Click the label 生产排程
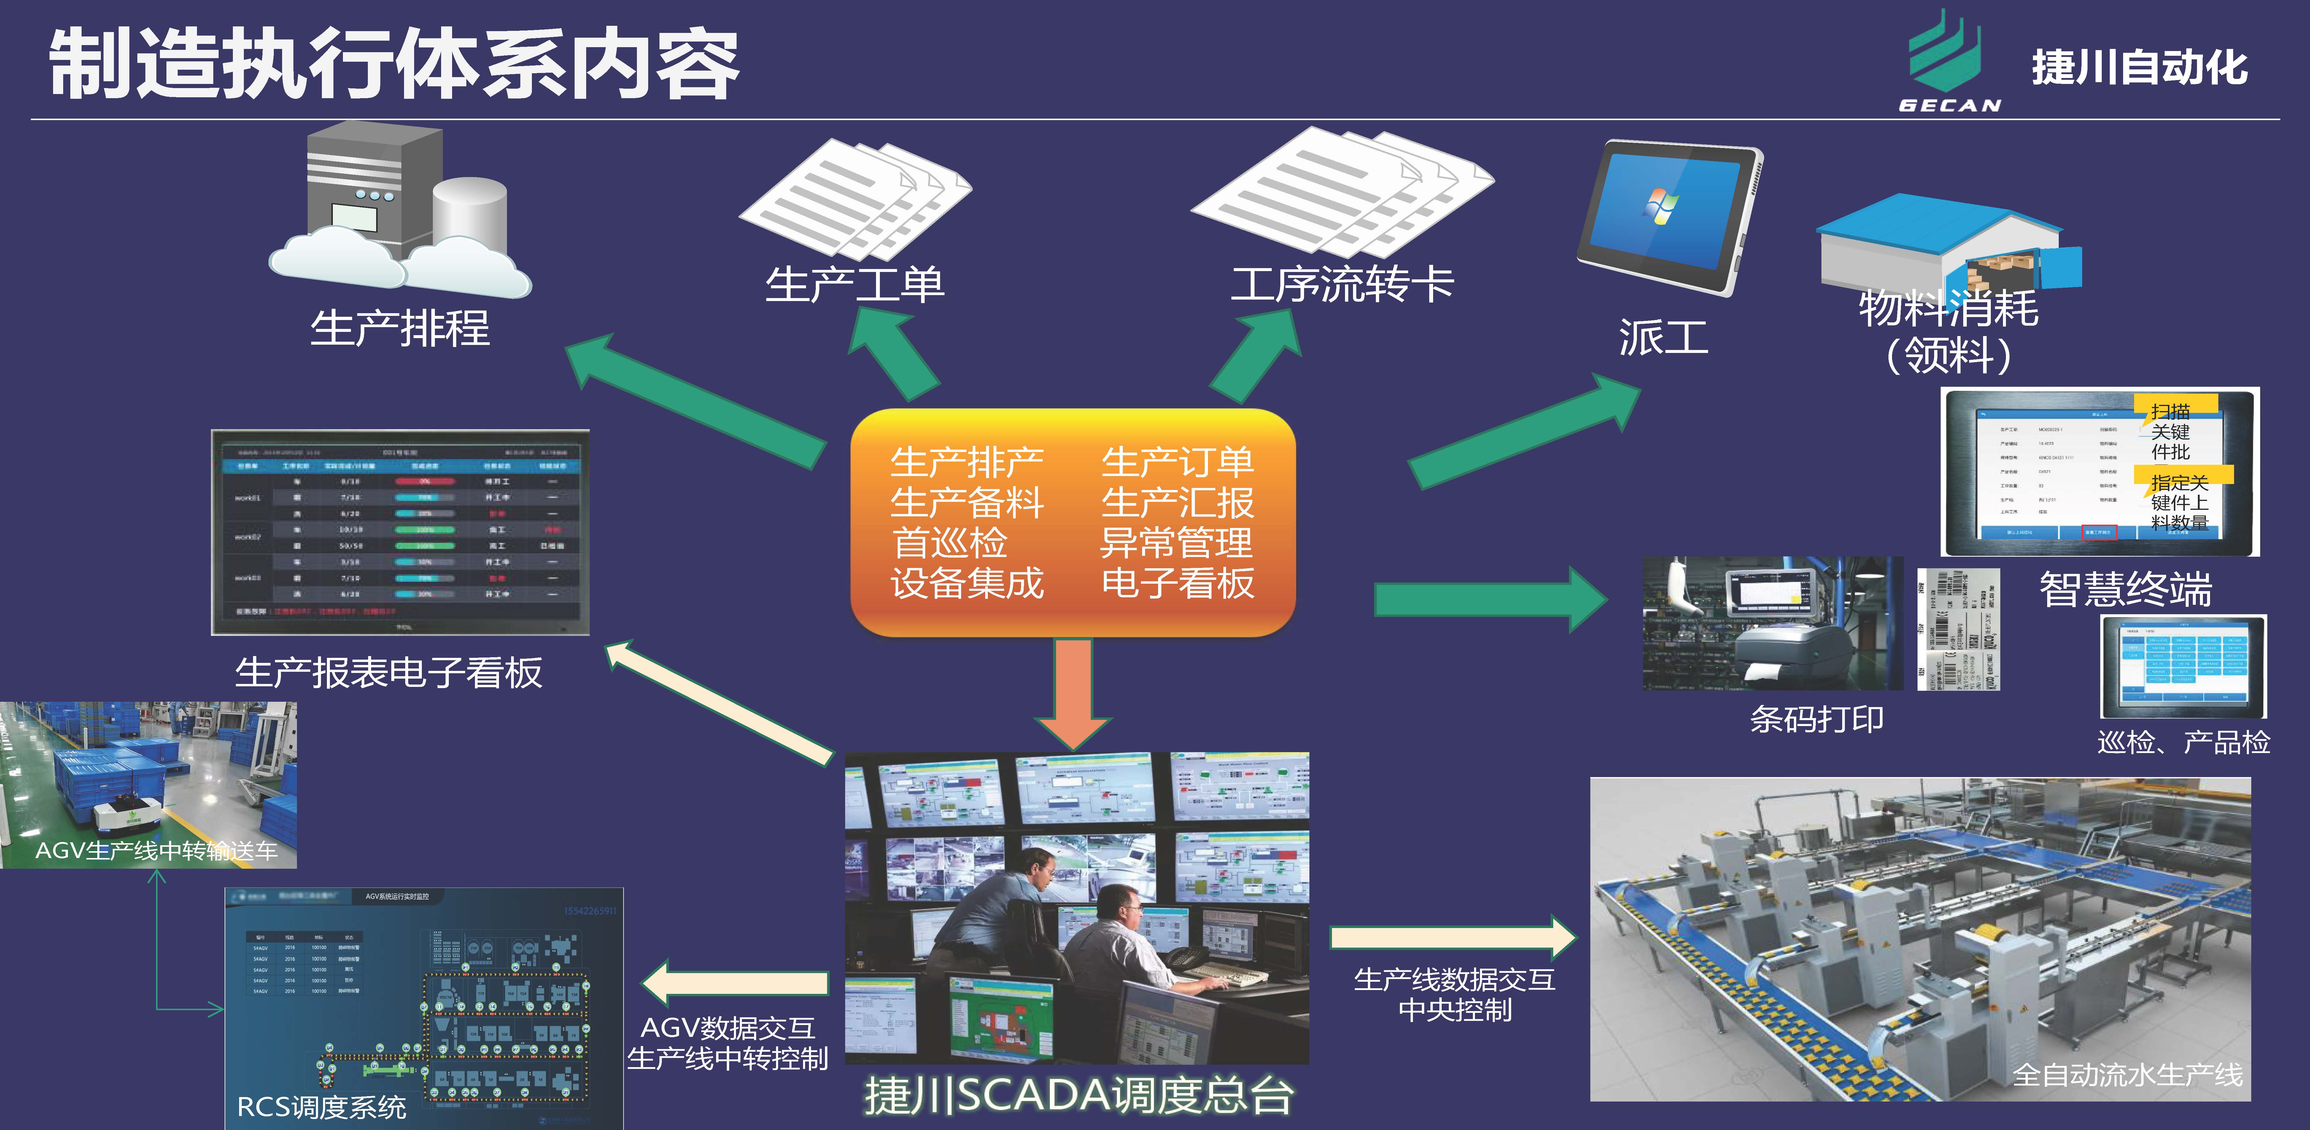point(400,328)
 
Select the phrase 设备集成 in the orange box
point(967,583)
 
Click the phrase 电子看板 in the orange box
point(1177,583)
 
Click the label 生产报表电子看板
point(388,673)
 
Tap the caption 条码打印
point(1817,719)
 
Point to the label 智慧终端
point(2125,589)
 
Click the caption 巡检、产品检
point(2184,743)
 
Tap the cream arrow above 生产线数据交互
point(1453,937)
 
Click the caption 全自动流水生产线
point(2127,1075)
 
